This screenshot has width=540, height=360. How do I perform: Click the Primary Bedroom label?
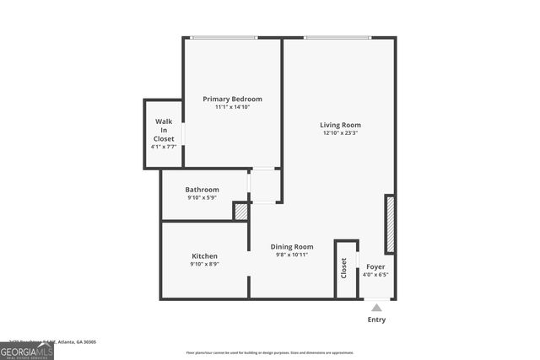(x=232, y=99)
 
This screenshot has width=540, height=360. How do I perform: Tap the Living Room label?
(x=340, y=125)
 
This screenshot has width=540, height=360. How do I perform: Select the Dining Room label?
(x=292, y=247)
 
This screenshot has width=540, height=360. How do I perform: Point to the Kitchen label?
(x=204, y=256)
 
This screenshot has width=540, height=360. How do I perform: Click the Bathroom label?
(x=202, y=190)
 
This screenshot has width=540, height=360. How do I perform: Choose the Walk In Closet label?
(x=164, y=130)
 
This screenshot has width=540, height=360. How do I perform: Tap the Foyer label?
(x=375, y=266)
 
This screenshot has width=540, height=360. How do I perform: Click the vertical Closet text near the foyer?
(x=343, y=268)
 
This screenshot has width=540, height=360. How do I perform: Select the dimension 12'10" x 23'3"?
(x=340, y=133)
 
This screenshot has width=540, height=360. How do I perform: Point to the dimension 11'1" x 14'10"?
(x=232, y=107)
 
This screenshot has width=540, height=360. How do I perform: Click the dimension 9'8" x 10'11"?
(x=292, y=255)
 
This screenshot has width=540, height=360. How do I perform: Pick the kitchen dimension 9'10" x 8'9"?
(x=204, y=265)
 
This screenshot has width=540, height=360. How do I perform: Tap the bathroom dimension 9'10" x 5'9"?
(x=202, y=198)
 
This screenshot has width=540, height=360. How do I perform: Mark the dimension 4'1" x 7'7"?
(x=164, y=147)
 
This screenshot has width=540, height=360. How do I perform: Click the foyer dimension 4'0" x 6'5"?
(x=375, y=274)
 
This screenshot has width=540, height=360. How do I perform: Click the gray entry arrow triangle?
(x=376, y=308)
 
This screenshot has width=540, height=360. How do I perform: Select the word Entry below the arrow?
(x=376, y=320)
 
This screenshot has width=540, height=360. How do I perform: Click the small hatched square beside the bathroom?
(x=240, y=212)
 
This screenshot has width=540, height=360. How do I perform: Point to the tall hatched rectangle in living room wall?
(x=390, y=224)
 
